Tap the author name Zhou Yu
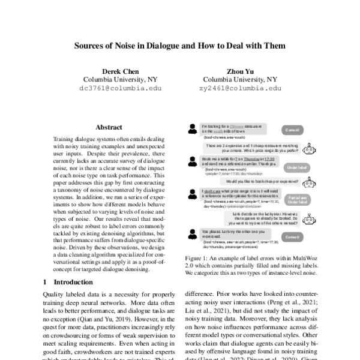[239, 71]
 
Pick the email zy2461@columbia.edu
[240, 88]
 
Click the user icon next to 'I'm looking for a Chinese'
[191, 128]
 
